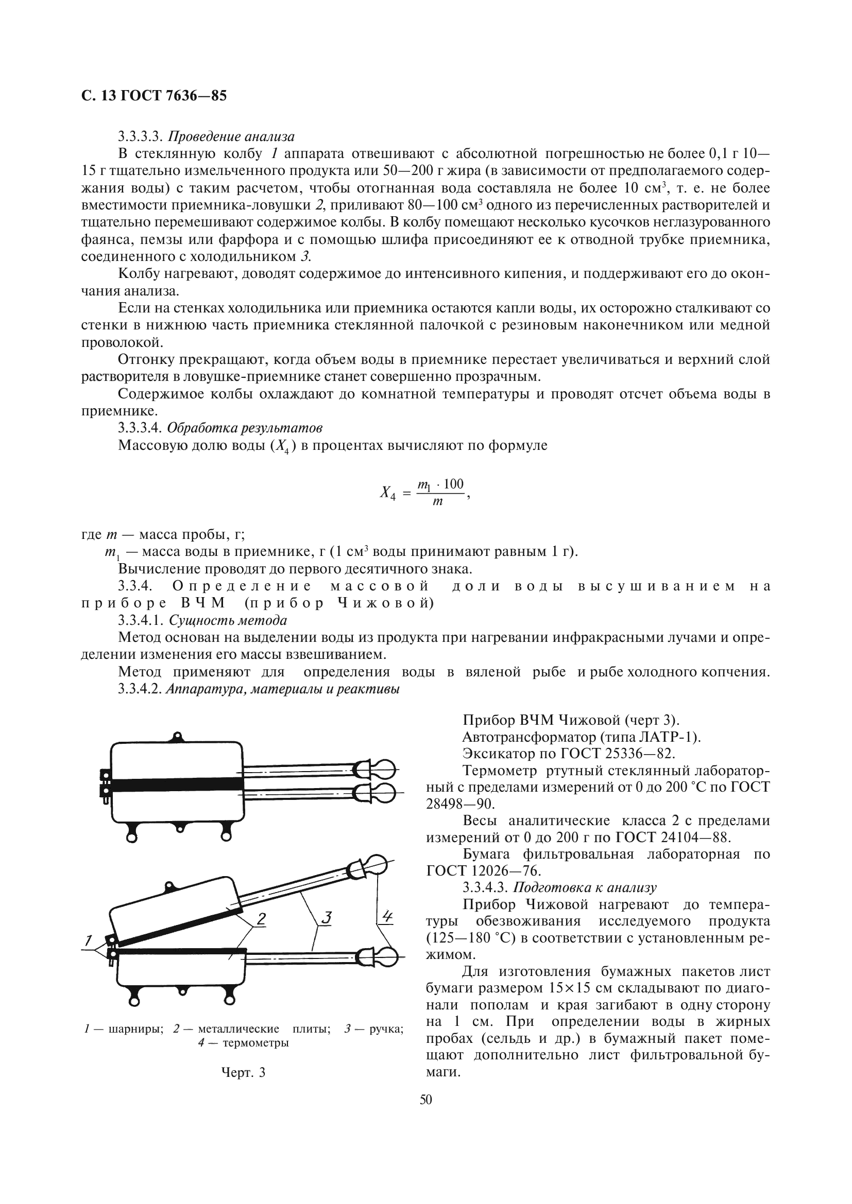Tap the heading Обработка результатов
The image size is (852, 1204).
point(244,428)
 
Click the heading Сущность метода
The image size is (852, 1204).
point(226,620)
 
